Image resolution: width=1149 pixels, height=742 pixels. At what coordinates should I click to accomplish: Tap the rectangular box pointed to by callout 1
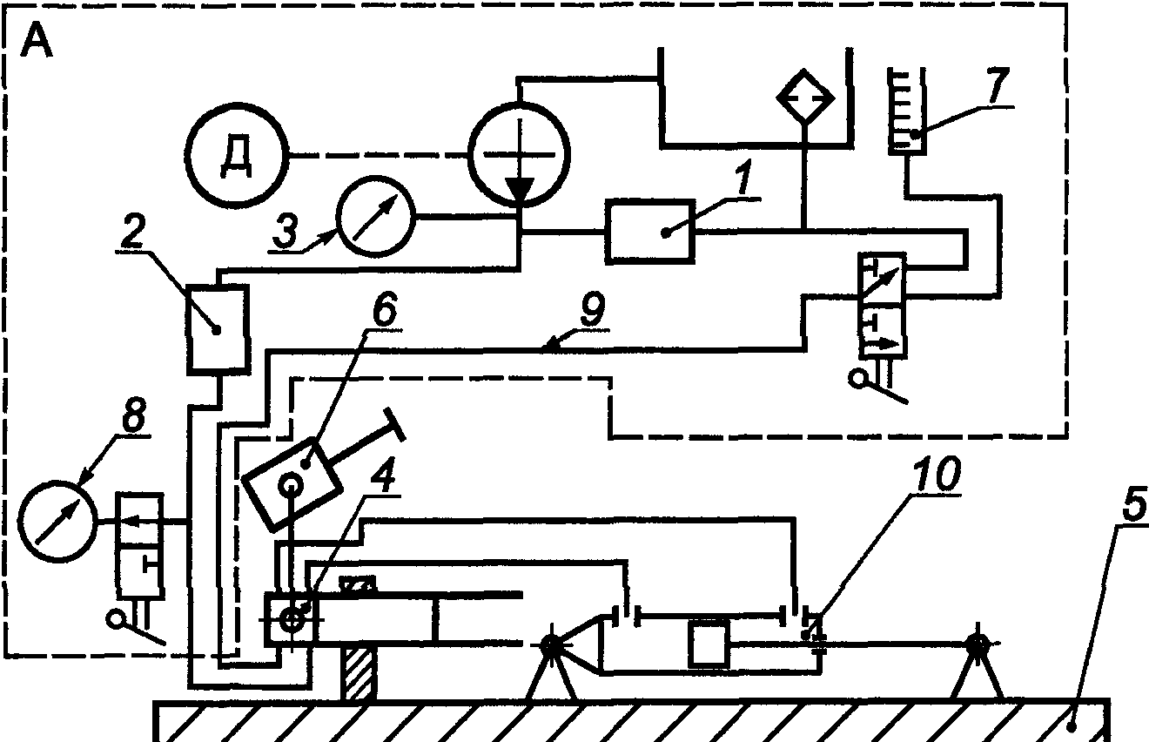(x=651, y=231)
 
